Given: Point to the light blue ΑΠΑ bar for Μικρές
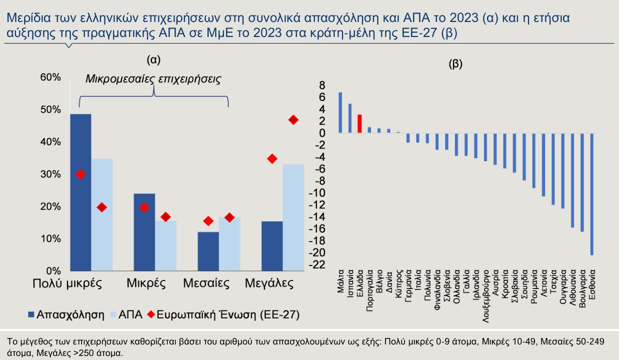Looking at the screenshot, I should [166, 246].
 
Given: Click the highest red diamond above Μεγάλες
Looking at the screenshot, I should [293, 119].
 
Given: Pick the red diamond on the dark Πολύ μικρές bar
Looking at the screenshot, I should [80, 174].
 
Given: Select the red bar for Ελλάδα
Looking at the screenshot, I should [359, 124].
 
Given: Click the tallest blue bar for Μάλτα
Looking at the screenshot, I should [340, 113].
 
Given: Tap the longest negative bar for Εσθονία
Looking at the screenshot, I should [592, 194].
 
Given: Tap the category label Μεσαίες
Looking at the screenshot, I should [206, 283].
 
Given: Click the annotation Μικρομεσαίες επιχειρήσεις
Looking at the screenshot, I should [153, 79].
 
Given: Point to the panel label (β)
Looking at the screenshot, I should [456, 64].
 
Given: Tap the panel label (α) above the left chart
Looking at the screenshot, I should [153, 60].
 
